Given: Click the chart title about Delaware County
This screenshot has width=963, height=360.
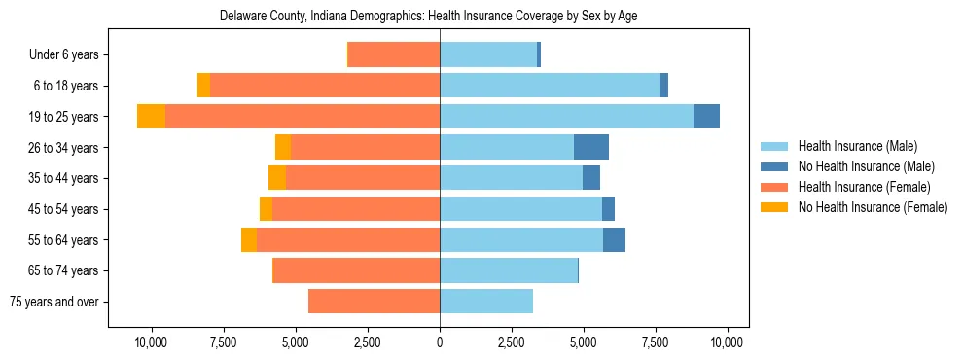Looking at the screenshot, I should (x=429, y=17).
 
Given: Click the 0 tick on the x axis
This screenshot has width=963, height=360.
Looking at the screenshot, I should (x=440, y=342).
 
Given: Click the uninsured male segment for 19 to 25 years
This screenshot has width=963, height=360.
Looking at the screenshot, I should (x=706, y=117).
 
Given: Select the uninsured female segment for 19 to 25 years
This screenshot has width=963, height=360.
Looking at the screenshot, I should (x=151, y=117).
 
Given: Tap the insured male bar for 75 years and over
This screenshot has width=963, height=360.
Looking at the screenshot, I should (x=486, y=302).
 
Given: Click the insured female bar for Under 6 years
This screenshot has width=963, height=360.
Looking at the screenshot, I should (x=394, y=55).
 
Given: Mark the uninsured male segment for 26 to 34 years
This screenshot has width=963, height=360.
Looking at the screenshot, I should (x=591, y=148).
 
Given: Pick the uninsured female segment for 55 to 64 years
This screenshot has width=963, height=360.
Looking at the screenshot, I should (x=249, y=240).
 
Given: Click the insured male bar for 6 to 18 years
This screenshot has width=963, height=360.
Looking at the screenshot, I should (x=550, y=86).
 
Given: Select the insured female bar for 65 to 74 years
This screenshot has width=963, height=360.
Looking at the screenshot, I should (x=357, y=270).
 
